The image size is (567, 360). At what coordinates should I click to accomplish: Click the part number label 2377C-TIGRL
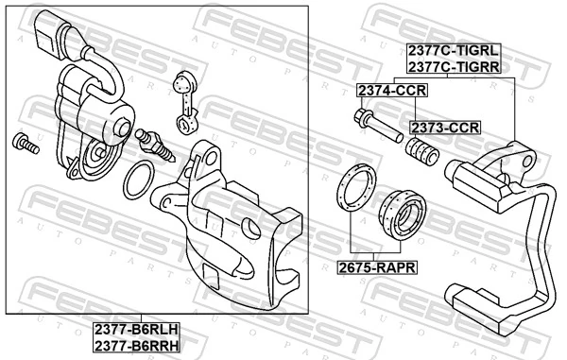pyautogui.click(x=453, y=52)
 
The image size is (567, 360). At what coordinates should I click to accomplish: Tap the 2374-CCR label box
pyautogui.click(x=391, y=90)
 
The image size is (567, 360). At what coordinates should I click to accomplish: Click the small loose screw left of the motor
pyautogui.click(x=24, y=144)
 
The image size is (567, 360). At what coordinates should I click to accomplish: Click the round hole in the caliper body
pyautogui.click(x=250, y=227)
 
